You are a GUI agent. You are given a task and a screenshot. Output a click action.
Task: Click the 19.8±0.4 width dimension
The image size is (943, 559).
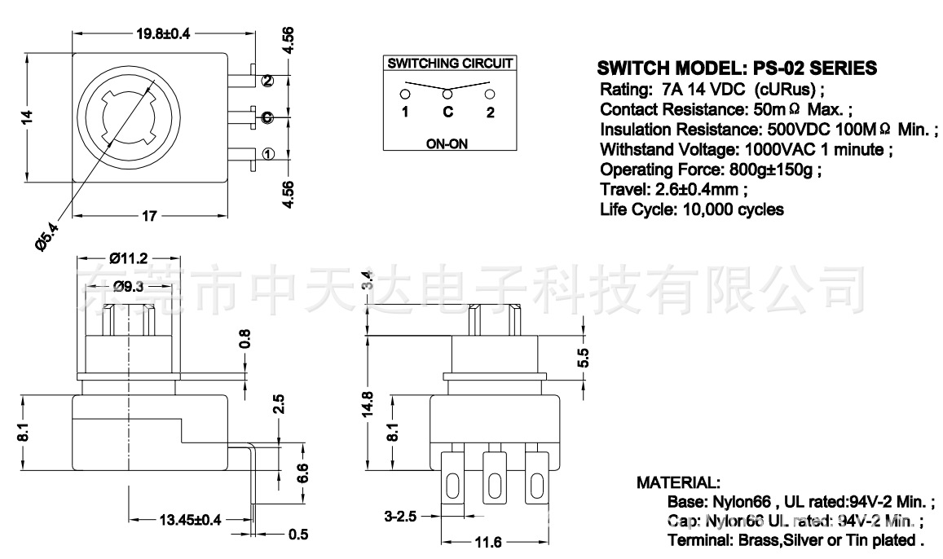(163, 34)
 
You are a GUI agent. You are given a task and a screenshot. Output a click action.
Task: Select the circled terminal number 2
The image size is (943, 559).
(268, 80)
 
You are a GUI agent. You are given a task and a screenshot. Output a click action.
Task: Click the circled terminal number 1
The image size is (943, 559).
(268, 152)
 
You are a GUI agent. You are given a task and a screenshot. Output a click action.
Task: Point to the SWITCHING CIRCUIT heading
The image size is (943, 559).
(450, 63)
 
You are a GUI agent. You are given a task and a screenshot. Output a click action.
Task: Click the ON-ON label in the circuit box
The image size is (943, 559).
(447, 143)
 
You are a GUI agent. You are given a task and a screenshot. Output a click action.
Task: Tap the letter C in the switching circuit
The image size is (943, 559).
(447, 112)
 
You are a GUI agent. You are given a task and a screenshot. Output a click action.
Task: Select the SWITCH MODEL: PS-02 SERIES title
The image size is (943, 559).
(737, 68)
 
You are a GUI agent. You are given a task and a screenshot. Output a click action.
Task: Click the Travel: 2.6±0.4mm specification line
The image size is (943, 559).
(672, 190)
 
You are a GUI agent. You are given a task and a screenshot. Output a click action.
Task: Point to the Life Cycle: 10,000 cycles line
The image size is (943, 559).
(691, 210)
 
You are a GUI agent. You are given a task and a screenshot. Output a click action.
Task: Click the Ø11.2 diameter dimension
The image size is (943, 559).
(128, 258)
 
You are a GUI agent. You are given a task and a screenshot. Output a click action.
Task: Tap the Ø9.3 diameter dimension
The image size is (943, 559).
(130, 286)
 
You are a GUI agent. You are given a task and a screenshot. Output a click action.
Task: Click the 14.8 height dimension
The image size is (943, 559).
(368, 402)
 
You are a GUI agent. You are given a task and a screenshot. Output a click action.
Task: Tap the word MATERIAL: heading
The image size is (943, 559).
(678, 483)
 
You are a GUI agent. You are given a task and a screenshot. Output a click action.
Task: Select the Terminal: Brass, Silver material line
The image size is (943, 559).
(795, 539)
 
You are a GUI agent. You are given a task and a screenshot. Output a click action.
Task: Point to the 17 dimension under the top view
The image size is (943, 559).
(149, 216)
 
